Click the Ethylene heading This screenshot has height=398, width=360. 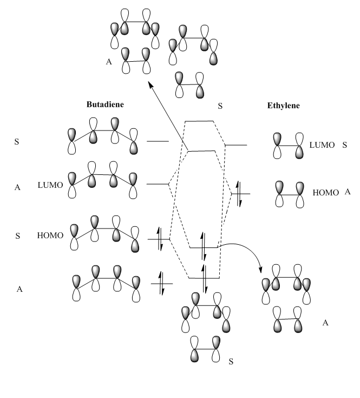(283, 106)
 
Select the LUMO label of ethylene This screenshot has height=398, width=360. (321, 145)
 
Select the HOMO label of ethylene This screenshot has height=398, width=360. (325, 192)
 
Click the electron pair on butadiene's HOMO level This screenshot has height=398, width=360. (160, 239)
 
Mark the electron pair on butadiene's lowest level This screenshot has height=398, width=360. (161, 283)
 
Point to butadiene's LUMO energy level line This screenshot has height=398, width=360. (158, 184)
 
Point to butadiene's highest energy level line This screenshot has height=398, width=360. (158, 141)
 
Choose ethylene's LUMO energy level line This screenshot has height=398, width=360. (236, 145)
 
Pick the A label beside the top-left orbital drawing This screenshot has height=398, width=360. (109, 62)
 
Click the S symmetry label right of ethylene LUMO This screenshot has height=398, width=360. (345, 145)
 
